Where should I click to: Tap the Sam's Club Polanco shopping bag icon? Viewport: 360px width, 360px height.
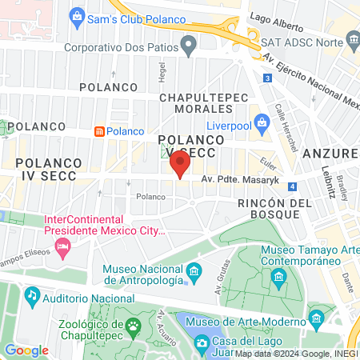point(77,14)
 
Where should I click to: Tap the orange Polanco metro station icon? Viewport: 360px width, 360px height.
point(99,131)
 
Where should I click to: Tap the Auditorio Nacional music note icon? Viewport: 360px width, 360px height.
point(32,296)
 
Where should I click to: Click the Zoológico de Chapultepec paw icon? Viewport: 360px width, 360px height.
point(132,326)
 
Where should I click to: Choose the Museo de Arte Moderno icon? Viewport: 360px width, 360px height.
point(192,323)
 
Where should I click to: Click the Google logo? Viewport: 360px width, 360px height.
point(27,350)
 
